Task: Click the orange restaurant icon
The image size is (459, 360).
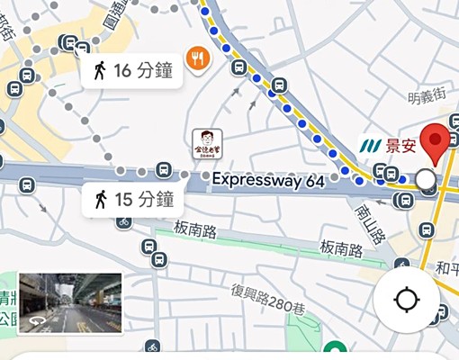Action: (198, 58)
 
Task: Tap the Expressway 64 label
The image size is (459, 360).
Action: (268, 180)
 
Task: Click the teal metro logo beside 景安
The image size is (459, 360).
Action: (371, 144)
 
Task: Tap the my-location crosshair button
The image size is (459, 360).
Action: (406, 299)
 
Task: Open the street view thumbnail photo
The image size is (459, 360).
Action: (69, 303)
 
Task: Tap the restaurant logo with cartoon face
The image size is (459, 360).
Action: (206, 144)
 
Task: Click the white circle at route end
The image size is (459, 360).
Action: (426, 180)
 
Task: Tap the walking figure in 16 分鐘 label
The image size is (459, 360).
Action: (100, 70)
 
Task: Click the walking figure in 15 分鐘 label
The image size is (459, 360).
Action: (100, 199)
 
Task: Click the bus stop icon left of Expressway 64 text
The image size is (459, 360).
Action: (163, 169)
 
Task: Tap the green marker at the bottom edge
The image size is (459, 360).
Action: (335, 352)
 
